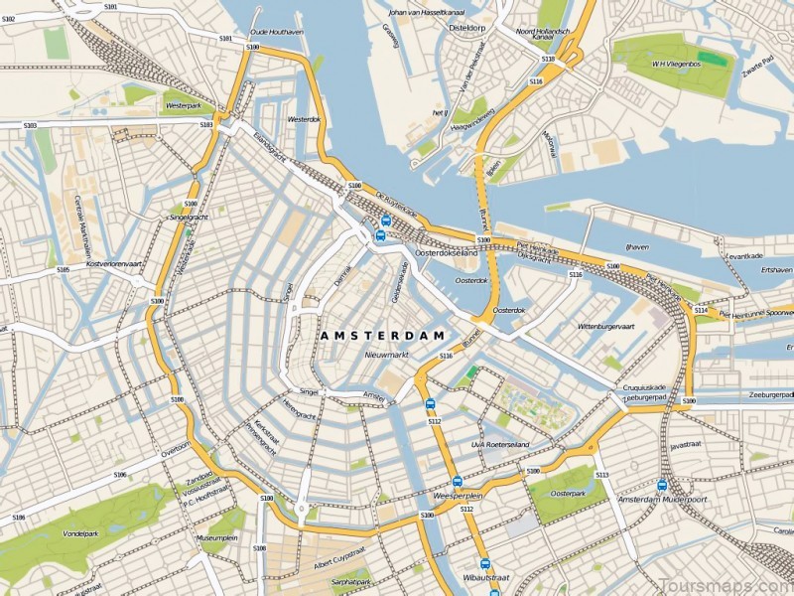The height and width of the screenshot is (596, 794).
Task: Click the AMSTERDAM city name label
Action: [382, 337]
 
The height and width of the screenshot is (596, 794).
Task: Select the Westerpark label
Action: [185, 104]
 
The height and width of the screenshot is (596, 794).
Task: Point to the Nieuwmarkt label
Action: [388, 354]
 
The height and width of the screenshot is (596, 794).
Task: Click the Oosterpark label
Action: [568, 493]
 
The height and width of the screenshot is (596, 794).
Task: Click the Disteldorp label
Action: [468, 28]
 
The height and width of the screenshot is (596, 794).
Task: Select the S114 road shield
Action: [701, 311]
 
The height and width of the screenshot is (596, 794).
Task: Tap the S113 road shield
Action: [601, 475]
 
